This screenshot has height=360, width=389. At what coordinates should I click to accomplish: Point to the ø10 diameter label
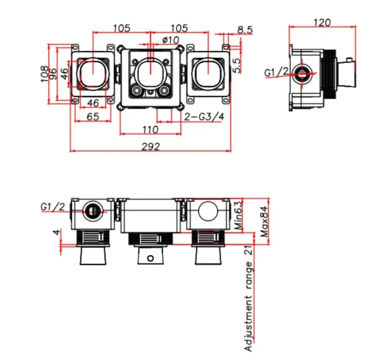[170, 40]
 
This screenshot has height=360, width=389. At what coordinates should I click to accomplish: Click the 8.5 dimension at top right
[245, 29]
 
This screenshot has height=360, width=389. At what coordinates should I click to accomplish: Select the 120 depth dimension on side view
[322, 23]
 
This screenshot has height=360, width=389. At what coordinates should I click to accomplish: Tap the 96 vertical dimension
[55, 73]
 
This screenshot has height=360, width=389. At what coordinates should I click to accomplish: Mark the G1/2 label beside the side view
[277, 72]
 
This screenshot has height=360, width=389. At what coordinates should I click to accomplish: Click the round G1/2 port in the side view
[304, 74]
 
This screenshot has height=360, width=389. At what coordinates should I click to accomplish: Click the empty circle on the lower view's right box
[208, 212]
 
